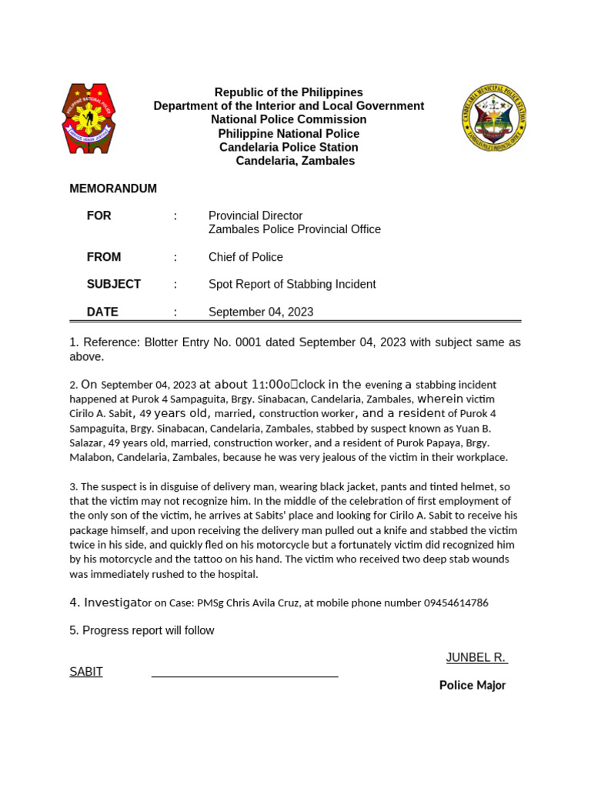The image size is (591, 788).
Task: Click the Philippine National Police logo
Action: pos(88,119)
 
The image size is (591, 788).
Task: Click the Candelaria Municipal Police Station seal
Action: pos(494,118)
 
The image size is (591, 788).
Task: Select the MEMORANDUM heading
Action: pos(113,189)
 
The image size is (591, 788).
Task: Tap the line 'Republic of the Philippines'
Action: pos(289,92)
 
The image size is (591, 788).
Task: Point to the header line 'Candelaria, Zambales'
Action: pos(295,161)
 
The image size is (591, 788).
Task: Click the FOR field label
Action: pos(99,216)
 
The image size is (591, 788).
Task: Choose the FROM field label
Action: pos(104,257)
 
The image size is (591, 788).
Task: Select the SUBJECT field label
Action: pos(114,284)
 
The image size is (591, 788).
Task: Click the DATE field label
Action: pos(102,312)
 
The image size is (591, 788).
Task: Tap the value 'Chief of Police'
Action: pos(245,257)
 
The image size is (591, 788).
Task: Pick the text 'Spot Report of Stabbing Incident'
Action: pos(292,284)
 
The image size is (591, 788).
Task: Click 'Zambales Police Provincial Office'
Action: pos(294,229)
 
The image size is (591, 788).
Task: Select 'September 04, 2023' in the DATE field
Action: pos(261,312)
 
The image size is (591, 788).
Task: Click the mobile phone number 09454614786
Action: pos(456,603)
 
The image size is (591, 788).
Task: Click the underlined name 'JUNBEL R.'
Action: pos(476,657)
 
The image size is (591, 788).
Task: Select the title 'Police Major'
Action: pos(472,685)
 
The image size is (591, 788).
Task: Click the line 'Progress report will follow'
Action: pos(142,630)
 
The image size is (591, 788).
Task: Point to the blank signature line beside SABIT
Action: pos(245,675)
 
